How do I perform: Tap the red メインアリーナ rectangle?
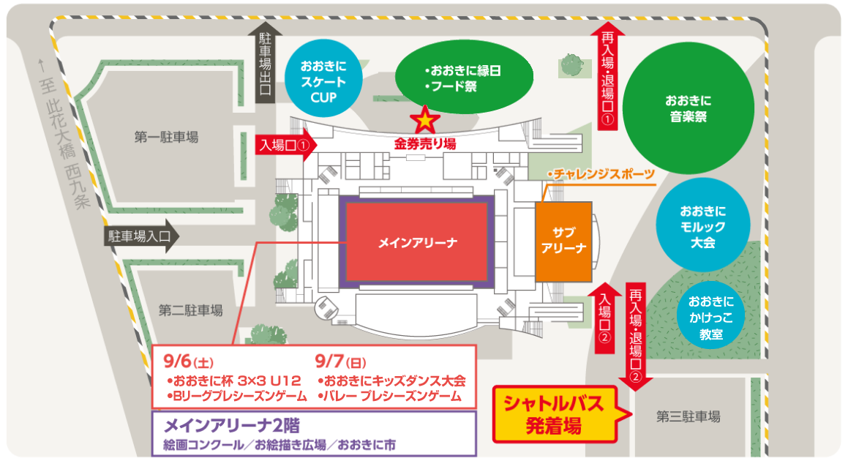tap(417, 242)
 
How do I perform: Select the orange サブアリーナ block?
tap(563, 241)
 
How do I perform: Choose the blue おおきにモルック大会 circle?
tap(702, 222)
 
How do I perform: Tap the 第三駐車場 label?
tap(688, 417)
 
